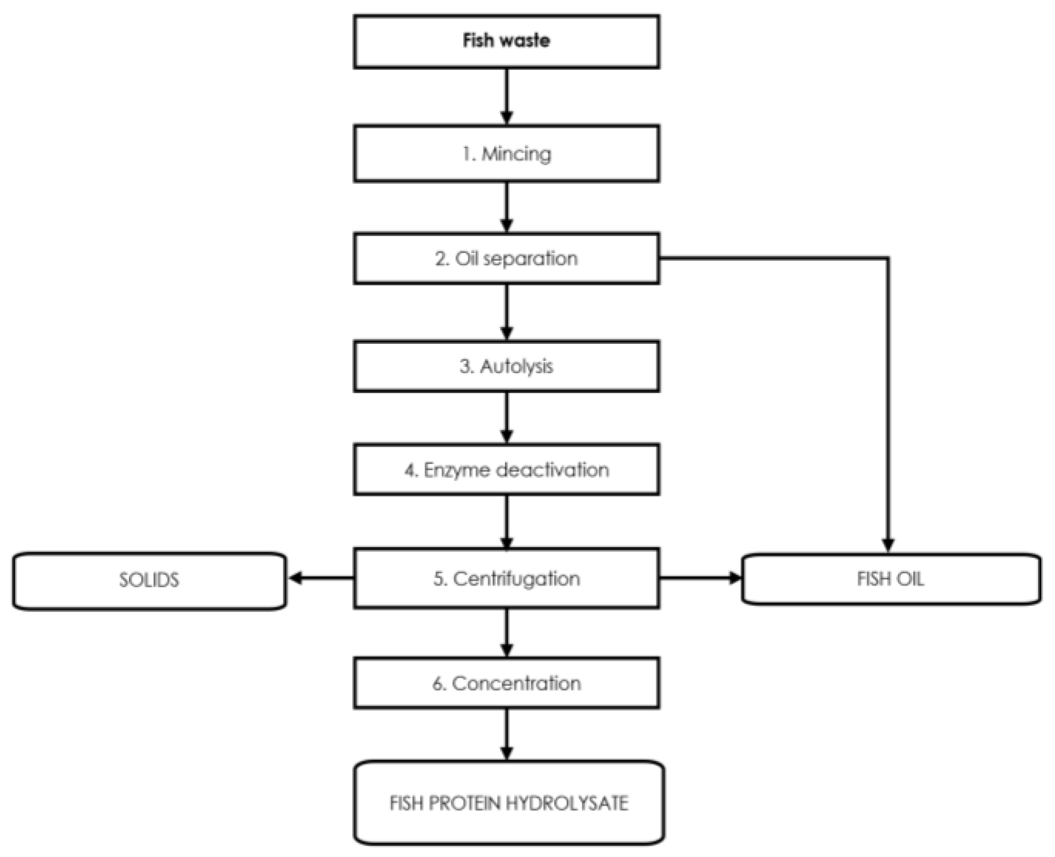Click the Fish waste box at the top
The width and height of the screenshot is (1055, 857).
[x=506, y=41]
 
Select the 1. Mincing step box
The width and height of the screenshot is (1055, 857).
[x=506, y=153]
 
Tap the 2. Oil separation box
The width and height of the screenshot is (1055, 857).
[x=506, y=258]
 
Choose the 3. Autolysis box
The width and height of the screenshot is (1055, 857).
[x=506, y=366]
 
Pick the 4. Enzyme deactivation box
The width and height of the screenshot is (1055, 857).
[x=506, y=470]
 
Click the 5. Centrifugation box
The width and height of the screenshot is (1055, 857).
[x=506, y=578]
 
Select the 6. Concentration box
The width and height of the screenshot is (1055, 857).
[x=506, y=683]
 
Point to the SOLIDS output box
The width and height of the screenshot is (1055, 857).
[x=149, y=580]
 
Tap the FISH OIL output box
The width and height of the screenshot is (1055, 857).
[x=891, y=579]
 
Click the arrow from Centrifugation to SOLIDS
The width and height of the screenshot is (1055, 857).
[x=321, y=578]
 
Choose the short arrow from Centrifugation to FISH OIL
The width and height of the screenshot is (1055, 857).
[x=700, y=578]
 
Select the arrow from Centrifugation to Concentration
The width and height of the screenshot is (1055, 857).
[x=507, y=632]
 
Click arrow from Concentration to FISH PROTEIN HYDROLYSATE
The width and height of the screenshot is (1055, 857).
[x=507, y=734]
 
